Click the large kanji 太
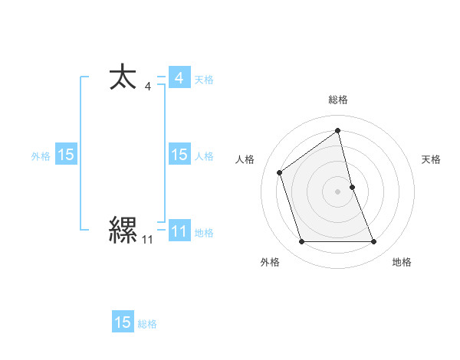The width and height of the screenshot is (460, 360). coord(123,79)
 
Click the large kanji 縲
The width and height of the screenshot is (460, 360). coord(123,229)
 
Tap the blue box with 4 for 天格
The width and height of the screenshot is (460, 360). coord(179,78)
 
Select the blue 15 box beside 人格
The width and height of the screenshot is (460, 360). coord(179,155)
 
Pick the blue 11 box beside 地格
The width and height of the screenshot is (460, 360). coord(179,231)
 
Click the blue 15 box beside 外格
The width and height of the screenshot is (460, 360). coord(65,155)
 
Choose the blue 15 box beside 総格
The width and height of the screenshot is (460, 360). coord(123,322)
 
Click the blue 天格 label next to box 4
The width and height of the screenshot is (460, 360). coord(204,80)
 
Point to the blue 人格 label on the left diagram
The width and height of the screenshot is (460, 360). coord(204,156)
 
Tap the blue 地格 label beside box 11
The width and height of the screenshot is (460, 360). coord(204,233)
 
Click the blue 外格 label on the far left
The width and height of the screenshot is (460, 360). coord(41,156)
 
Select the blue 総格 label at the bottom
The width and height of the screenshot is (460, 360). coord(147,324)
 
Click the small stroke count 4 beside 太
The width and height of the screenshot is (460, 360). coord(147,87)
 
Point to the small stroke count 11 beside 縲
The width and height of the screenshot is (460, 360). coord(147,240)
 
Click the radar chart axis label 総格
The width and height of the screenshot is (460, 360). coord(338,100)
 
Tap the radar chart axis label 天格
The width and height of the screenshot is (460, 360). coord(431,159)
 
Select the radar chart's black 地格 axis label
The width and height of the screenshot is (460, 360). coord(402,262)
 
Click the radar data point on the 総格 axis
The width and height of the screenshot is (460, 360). coord(338,130)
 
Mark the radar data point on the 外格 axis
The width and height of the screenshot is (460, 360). coord(301,242)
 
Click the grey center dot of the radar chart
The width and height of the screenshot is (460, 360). coord(338,191)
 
